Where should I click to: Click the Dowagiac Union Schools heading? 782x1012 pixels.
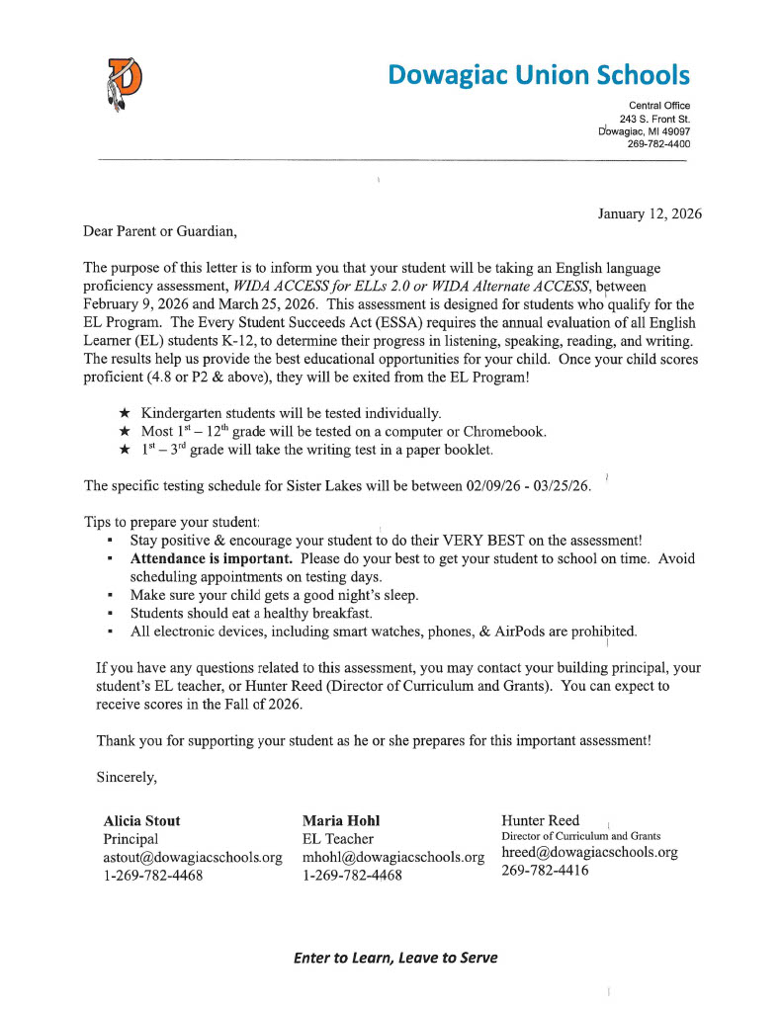tap(539, 74)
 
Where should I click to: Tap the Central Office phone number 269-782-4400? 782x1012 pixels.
tap(659, 144)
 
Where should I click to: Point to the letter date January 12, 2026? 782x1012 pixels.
tap(650, 213)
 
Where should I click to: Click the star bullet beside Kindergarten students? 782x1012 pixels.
tap(125, 412)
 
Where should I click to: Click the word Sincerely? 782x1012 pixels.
tap(128, 777)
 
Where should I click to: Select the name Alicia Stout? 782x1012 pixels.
tap(142, 820)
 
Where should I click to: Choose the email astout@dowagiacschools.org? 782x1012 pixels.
tap(193, 857)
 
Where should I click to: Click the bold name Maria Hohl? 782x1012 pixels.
tap(341, 820)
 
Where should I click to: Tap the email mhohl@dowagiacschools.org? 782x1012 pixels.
tap(392, 857)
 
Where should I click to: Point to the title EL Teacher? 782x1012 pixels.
tap(338, 839)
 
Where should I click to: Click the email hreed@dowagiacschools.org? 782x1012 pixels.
tap(590, 852)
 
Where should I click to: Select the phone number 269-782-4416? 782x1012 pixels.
tap(546, 871)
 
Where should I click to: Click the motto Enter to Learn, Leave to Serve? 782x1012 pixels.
tap(395, 958)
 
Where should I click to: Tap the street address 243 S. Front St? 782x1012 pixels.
tap(654, 119)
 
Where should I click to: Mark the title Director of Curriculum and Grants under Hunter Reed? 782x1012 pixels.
tap(581, 836)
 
